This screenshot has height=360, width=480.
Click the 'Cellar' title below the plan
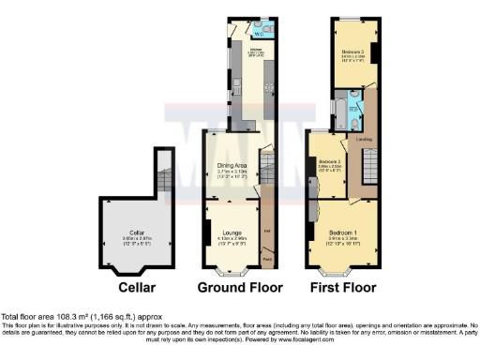[x=130, y=287]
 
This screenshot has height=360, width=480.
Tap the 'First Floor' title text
[x=344, y=287]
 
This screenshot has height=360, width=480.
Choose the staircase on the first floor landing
[x=367, y=170]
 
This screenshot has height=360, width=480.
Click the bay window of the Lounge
[x=230, y=272]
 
